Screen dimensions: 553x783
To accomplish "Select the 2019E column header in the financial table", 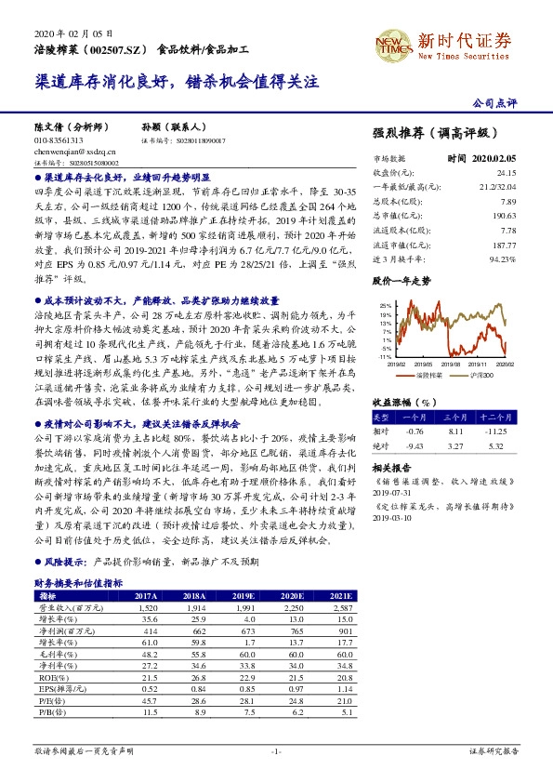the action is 244,595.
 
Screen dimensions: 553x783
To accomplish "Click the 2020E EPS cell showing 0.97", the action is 292,689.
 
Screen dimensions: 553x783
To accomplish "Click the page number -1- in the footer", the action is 276,750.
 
